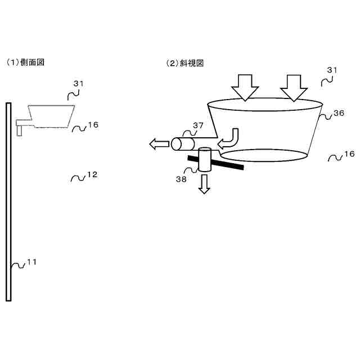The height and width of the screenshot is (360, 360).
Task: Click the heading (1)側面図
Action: [x=25, y=63]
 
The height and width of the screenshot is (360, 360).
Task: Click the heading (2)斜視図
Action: [x=184, y=63]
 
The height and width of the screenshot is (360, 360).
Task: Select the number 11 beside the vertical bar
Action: [x=32, y=262]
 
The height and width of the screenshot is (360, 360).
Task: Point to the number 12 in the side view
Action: [x=92, y=175]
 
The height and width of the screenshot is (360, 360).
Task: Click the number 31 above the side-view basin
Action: [x=78, y=83]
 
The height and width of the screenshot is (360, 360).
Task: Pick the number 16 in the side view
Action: [x=93, y=125]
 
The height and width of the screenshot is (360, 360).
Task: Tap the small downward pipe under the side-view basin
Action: [x=20, y=130]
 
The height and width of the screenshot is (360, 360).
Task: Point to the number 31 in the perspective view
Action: [x=332, y=70]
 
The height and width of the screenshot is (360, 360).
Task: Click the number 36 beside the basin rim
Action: [x=339, y=113]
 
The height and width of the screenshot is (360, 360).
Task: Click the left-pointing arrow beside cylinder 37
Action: [x=158, y=145]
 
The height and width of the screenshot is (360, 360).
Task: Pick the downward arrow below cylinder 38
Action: [x=204, y=183]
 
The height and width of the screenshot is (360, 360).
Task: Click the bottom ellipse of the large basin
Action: [x=264, y=155]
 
